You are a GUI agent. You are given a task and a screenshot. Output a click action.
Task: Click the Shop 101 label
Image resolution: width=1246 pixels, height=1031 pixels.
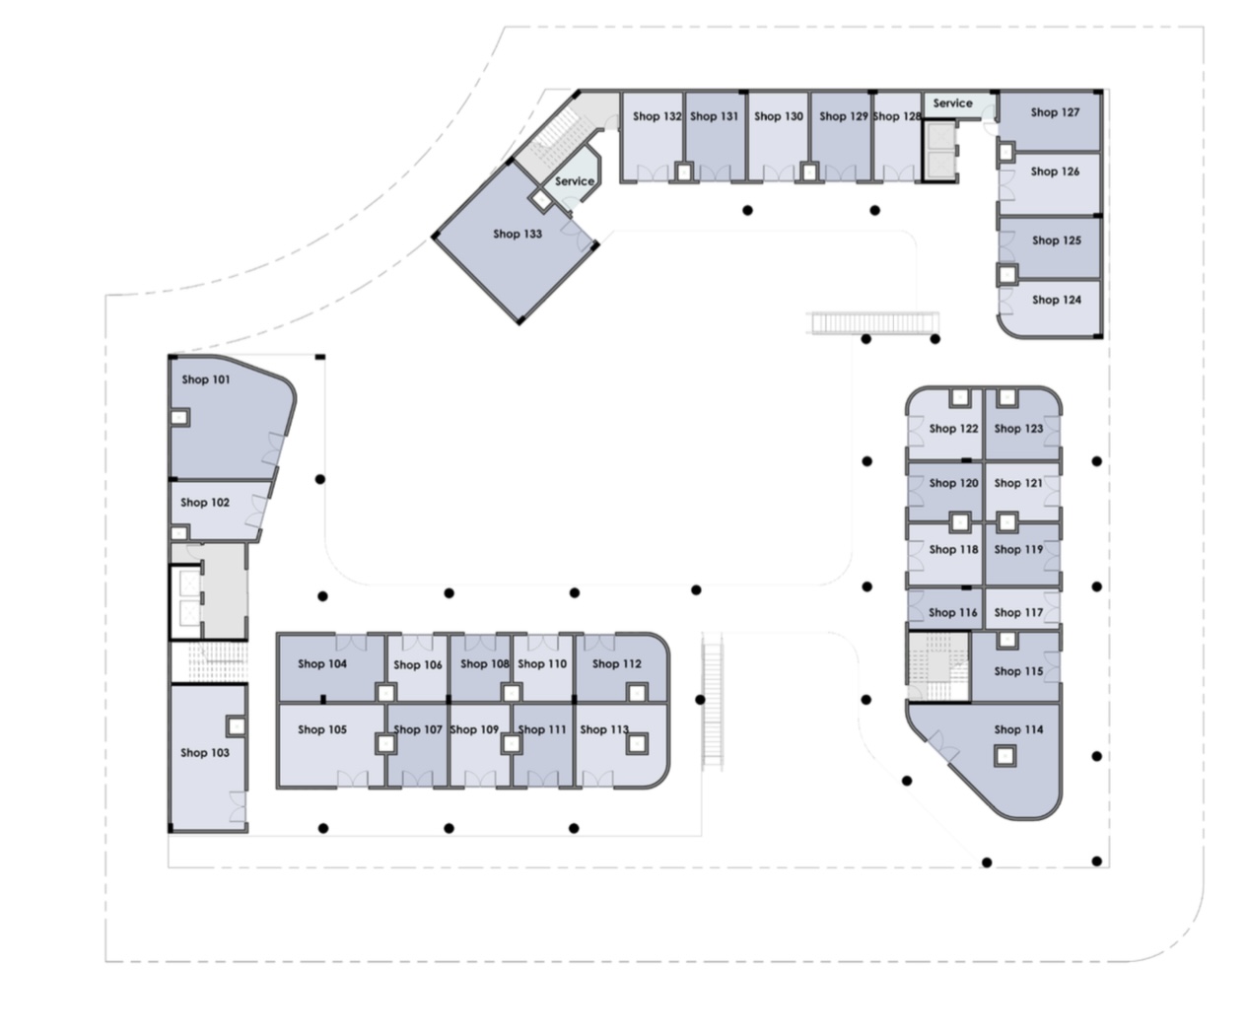(x=205, y=379)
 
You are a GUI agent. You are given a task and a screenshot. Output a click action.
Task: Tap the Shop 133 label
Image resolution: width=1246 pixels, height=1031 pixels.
(x=518, y=234)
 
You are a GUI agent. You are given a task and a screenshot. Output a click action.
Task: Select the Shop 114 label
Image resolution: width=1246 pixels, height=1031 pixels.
(x=1018, y=729)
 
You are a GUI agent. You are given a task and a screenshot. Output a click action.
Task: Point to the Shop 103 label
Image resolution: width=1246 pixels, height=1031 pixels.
(x=205, y=752)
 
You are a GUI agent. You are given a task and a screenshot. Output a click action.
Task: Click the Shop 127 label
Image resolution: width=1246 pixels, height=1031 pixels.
(x=1055, y=112)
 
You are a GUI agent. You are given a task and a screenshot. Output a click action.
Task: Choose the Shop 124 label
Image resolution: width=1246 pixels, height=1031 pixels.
(x=1057, y=300)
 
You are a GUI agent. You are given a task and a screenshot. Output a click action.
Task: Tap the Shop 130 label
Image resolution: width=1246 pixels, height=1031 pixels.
(x=779, y=116)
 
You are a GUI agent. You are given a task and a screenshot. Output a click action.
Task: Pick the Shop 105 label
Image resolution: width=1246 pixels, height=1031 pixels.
(x=322, y=729)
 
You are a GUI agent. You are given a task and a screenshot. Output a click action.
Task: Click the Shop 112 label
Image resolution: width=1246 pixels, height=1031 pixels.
(x=616, y=663)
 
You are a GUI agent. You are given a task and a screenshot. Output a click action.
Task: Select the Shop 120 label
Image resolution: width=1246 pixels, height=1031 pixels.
(x=953, y=483)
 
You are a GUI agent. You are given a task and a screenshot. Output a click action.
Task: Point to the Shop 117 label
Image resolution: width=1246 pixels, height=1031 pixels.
(x=1018, y=612)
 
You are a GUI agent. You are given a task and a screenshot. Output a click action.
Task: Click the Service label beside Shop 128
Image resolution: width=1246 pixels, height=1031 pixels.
(x=952, y=103)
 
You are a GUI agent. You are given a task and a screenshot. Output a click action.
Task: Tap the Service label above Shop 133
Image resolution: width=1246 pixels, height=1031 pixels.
(x=574, y=181)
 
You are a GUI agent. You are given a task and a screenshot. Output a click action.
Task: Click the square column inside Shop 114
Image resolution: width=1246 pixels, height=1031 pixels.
(x=1004, y=757)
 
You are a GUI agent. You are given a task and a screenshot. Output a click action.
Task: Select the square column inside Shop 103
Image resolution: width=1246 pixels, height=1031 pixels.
(x=237, y=726)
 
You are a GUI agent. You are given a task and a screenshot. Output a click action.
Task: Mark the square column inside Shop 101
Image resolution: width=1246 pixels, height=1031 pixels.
(x=179, y=418)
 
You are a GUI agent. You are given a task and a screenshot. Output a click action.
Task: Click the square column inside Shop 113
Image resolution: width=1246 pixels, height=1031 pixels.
(x=638, y=744)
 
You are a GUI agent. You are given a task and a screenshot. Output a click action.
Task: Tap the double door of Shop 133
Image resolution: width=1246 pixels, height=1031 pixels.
(x=578, y=234)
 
